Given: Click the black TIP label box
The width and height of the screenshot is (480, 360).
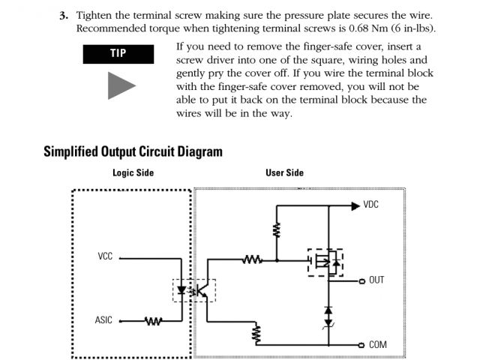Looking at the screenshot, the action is point(118,53).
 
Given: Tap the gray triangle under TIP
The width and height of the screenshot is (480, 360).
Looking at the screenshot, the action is point(120,85).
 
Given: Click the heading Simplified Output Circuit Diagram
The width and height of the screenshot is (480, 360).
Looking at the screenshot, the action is point(133,151).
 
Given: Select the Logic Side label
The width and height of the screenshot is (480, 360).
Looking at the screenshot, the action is point(133,172).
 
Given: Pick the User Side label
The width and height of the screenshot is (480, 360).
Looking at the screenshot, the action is point(284,172).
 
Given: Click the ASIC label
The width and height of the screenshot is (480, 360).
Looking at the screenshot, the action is point(103,320).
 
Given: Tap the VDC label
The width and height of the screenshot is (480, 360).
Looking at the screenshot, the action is point(371,205).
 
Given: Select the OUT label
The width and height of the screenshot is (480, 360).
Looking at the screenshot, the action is point(376,280).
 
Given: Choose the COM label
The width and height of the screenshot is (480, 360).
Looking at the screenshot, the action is point(378,345).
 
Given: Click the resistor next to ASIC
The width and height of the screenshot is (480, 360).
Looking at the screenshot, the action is point(153,321).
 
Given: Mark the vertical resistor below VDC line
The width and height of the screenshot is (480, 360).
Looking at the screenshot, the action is point(277,230).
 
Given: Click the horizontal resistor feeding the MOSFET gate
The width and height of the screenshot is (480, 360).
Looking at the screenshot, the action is point(252,260).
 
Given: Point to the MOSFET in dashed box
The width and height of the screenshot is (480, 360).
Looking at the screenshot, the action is point(325,262).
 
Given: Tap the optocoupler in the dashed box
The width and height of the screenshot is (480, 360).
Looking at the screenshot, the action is point(194,290).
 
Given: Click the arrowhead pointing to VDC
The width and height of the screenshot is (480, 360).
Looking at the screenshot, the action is point(355,205).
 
